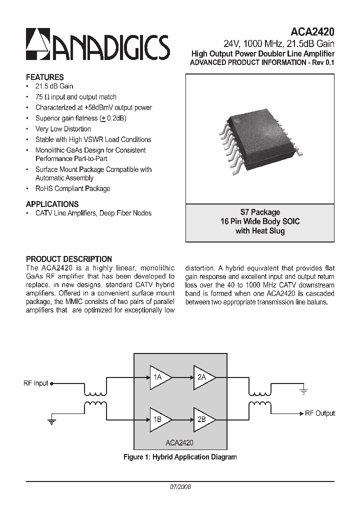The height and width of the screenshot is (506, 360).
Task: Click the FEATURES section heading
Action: [x=44, y=77]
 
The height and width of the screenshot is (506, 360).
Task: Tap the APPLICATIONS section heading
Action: [x=52, y=204]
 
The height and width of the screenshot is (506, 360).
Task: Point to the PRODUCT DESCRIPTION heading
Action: [x=68, y=259]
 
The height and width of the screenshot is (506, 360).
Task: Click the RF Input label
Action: [x=36, y=383]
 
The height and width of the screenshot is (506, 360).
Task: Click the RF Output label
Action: [x=320, y=413]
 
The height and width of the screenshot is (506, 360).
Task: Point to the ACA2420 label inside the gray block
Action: [x=179, y=442]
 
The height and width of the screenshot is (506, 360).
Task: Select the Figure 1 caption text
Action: [x=180, y=457]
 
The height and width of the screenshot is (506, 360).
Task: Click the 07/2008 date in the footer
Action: [x=180, y=486]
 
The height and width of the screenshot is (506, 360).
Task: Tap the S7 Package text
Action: [x=259, y=212]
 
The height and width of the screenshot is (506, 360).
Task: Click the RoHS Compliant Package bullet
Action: [x=72, y=188]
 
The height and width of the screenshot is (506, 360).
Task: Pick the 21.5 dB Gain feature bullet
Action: [x=54, y=86]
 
